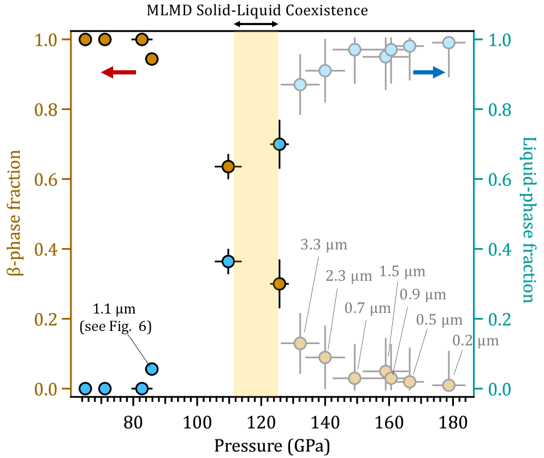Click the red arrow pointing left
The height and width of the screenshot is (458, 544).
[119, 72]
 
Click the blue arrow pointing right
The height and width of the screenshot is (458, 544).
[429, 72]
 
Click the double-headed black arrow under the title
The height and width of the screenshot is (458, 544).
[256, 24]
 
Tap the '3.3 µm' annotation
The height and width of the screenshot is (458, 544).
[324, 245]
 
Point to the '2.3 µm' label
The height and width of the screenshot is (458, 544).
[349, 276]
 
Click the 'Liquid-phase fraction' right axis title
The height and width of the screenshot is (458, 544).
[528, 219]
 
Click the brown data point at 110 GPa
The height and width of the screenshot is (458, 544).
[228, 166]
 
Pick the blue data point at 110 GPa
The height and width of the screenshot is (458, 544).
[228, 262]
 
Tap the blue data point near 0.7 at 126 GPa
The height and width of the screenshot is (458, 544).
[279, 144]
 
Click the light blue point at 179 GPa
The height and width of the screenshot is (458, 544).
[449, 43]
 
